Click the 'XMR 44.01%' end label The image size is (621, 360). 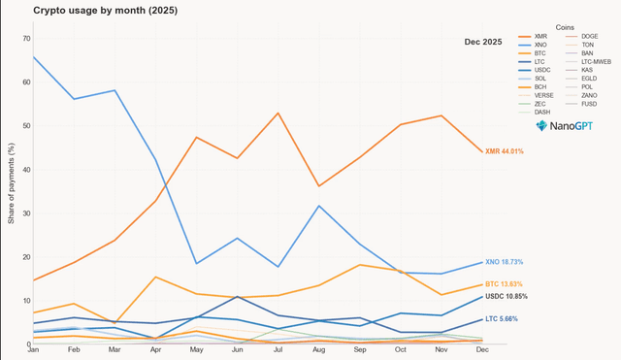[x=504, y=151]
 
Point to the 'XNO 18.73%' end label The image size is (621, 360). [x=504, y=262]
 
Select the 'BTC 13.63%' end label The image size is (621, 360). [x=504, y=284]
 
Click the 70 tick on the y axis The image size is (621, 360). [x=25, y=39]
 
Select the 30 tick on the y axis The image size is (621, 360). [x=25, y=213]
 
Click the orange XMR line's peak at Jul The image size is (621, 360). [x=278, y=113]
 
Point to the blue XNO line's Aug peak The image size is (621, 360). [x=319, y=206]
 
